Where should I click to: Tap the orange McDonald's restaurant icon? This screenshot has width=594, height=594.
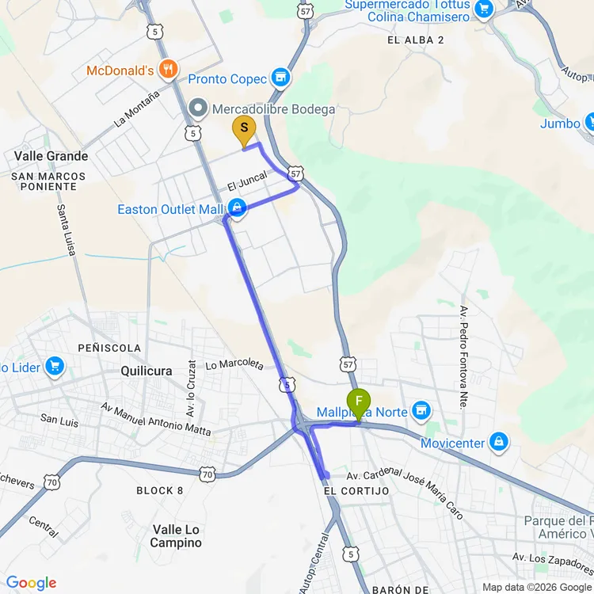(x=167, y=70)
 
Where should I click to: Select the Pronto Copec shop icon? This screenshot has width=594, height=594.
(x=280, y=78)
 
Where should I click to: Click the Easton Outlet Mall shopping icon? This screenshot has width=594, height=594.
(x=236, y=209)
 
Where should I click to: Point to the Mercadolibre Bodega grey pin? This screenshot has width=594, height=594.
(x=198, y=109)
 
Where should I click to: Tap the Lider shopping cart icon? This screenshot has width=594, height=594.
(x=54, y=366)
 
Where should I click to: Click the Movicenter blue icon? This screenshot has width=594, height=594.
(x=499, y=442)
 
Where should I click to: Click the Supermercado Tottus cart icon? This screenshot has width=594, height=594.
(x=484, y=10)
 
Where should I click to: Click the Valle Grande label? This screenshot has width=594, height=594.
(x=51, y=156)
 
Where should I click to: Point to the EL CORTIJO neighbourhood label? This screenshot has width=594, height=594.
(x=356, y=491)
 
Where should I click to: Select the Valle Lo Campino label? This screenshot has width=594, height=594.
(x=177, y=536)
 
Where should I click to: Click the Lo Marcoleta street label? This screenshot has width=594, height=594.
(x=234, y=364)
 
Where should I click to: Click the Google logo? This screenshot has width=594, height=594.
(x=32, y=583)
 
